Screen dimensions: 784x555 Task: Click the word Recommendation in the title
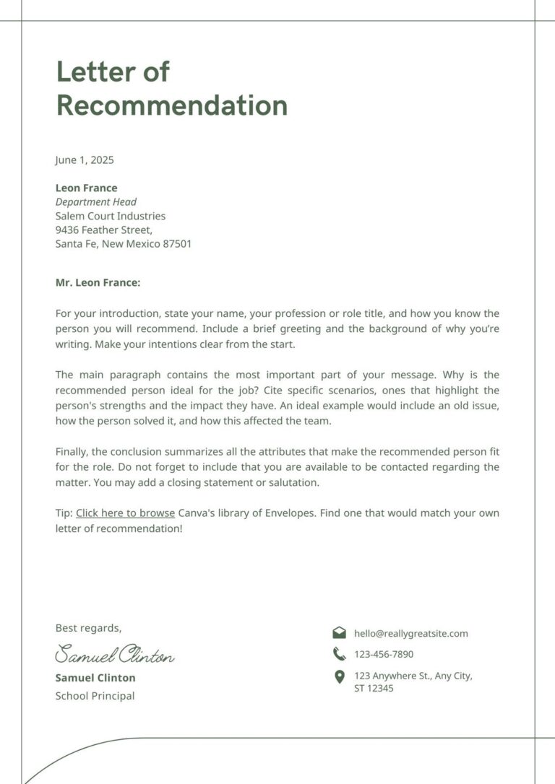click(172, 105)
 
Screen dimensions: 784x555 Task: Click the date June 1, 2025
click(85, 160)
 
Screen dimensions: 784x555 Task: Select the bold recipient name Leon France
click(86, 188)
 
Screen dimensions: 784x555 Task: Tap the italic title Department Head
click(95, 202)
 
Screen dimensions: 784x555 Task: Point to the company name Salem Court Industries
click(111, 216)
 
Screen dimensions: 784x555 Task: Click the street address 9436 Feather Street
click(103, 230)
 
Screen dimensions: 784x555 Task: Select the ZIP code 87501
click(177, 244)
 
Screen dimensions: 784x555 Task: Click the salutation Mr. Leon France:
click(98, 283)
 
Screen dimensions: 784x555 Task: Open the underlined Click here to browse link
click(125, 513)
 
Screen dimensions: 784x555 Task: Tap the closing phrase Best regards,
click(88, 628)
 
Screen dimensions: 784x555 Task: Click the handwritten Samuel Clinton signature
click(114, 655)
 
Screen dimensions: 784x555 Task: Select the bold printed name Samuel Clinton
click(95, 678)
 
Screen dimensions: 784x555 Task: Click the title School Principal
click(95, 696)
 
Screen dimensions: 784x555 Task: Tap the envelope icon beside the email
click(339, 633)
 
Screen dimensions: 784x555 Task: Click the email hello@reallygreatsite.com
click(410, 634)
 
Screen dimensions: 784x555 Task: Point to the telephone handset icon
click(339, 654)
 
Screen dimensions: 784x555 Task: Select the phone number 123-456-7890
click(384, 655)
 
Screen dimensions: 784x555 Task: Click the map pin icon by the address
click(339, 677)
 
